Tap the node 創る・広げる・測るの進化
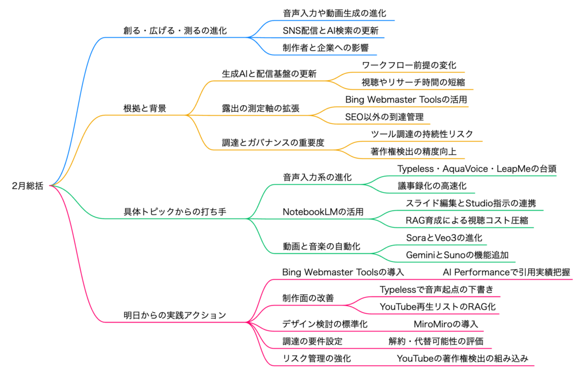175,30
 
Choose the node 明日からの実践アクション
175,315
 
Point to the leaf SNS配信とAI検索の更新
330,30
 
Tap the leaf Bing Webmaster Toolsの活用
406,99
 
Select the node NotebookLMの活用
323,212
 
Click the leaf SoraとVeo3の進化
444,237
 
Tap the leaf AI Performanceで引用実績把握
506,272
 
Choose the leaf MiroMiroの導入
446,324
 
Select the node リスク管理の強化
316,359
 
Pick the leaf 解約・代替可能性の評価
436,341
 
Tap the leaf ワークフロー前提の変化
409,65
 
